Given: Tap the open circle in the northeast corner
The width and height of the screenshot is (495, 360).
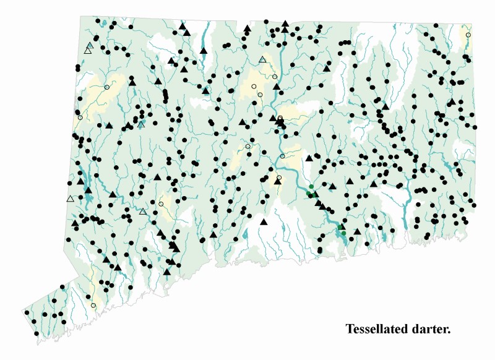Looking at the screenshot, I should click(x=468, y=35).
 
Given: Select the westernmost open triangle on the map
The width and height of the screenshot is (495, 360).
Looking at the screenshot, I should click(x=70, y=199).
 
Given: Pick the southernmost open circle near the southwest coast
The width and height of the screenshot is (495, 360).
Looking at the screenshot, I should click(x=93, y=305).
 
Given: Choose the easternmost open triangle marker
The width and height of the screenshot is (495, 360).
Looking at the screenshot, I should click(x=263, y=59).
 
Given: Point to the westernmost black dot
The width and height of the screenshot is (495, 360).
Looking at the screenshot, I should click(x=27, y=312).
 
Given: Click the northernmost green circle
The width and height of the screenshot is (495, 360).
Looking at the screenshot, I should click(x=311, y=187).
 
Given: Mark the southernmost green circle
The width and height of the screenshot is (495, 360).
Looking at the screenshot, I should click(x=343, y=233).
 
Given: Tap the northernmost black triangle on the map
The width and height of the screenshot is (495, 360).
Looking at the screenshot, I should click(x=285, y=24).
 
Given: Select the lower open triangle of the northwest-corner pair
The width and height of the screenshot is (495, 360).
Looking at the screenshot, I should click(x=87, y=51).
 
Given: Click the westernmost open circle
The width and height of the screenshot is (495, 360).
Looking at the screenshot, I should click(x=80, y=118).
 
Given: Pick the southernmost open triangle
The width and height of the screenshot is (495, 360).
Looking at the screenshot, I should click(x=143, y=212).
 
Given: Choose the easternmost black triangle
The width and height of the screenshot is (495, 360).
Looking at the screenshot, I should click(x=452, y=102).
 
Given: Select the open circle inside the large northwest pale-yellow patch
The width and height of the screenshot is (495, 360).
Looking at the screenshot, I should click(x=106, y=87).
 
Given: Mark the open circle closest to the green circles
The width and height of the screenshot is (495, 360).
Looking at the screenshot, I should click(x=278, y=178).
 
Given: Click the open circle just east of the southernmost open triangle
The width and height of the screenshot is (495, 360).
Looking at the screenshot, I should click(x=161, y=204).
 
